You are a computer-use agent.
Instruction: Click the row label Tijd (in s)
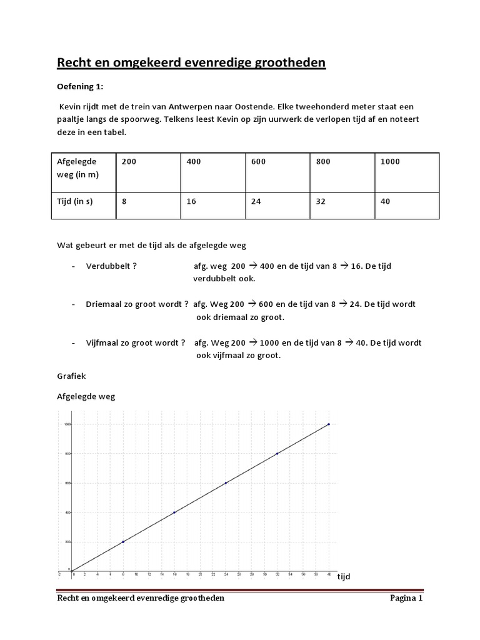(x=75, y=202)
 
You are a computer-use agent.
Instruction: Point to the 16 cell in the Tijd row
(x=191, y=202)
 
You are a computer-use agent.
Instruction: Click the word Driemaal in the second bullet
(x=103, y=304)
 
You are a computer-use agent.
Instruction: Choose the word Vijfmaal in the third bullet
(x=103, y=343)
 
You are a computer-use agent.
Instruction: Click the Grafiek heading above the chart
(x=71, y=377)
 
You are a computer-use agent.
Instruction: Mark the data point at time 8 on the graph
(x=123, y=541)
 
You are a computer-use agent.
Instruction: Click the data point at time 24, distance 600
(x=226, y=483)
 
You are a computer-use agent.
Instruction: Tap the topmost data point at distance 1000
(x=329, y=424)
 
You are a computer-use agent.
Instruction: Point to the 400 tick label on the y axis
(x=67, y=512)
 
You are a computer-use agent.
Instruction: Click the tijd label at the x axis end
(x=344, y=576)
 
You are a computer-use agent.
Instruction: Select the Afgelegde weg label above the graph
(x=86, y=396)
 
